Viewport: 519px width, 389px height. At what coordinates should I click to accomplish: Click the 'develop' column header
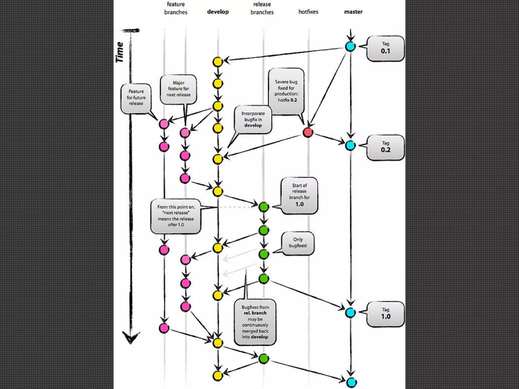pyautogui.click(x=218, y=12)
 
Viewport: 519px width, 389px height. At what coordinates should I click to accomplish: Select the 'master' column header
pyautogui.click(x=353, y=12)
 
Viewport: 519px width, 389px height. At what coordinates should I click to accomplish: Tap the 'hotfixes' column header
pyautogui.click(x=308, y=12)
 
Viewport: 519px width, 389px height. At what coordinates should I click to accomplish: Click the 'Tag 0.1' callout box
pyautogui.click(x=385, y=48)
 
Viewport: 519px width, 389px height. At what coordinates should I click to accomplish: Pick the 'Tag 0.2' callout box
pyautogui.click(x=385, y=147)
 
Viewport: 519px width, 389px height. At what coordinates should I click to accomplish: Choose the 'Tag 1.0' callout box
pyautogui.click(x=385, y=314)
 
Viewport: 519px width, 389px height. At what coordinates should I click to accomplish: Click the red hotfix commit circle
pyautogui.click(x=308, y=132)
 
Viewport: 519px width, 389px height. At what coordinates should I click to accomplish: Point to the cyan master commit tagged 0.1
pyautogui.click(x=350, y=46)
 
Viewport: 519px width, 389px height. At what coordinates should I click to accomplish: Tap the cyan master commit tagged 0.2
pyautogui.click(x=350, y=145)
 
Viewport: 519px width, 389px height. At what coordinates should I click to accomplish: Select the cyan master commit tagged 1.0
pyautogui.click(x=350, y=313)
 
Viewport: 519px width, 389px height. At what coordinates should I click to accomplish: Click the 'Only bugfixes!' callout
pyautogui.click(x=298, y=243)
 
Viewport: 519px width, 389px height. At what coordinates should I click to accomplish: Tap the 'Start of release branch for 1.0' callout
pyautogui.click(x=299, y=195)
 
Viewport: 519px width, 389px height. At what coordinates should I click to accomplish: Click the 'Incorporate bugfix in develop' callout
pyautogui.click(x=253, y=119)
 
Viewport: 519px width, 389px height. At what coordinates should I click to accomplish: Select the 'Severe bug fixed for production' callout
pyautogui.click(x=286, y=91)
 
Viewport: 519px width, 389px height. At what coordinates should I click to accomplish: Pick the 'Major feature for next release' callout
pyautogui.click(x=178, y=89)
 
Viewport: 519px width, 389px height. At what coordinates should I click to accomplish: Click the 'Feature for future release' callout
pyautogui.click(x=136, y=98)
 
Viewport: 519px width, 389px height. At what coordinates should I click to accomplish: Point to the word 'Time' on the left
pyautogui.click(x=120, y=52)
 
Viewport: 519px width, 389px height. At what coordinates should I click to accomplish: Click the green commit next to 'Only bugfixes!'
pyautogui.click(x=264, y=254)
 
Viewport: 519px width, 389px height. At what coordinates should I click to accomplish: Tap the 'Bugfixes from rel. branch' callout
pyautogui.click(x=255, y=322)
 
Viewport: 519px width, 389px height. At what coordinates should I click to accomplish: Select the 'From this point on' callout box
pyautogui.click(x=176, y=216)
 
